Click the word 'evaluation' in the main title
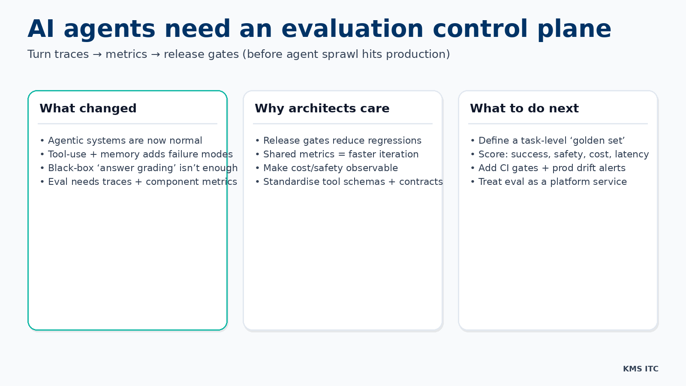pyautogui.click(x=352, y=29)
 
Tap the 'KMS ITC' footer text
pyautogui.click(x=641, y=369)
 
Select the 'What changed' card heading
pyautogui.click(x=88, y=109)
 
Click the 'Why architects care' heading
pyautogui.click(x=322, y=109)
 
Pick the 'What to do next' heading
pyautogui.click(x=524, y=109)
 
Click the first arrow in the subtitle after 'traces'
pyautogui.click(x=97, y=54)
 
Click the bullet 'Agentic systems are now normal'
pyautogui.click(x=125, y=141)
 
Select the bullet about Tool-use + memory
pyautogui.click(x=140, y=154)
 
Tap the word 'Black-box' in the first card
pyautogui.click(x=71, y=168)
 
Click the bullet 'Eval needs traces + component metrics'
pyautogui.click(x=142, y=182)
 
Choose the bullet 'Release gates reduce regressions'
pyautogui.click(x=342, y=141)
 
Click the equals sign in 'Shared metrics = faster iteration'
pyautogui.click(x=341, y=154)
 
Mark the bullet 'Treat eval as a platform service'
pyautogui.click(x=552, y=182)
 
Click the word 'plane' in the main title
pyautogui.click(x=574, y=29)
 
